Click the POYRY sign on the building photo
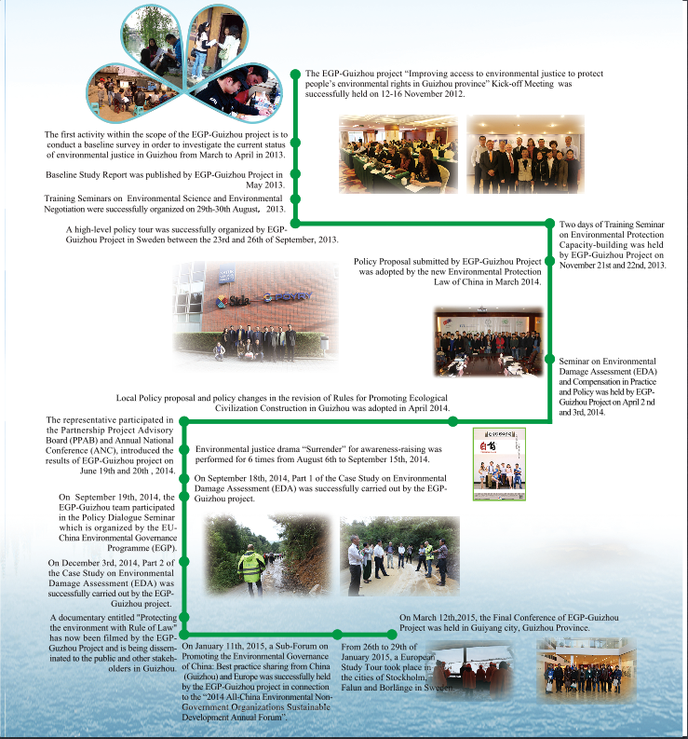point(278,298)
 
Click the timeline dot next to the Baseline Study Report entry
point(296,174)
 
